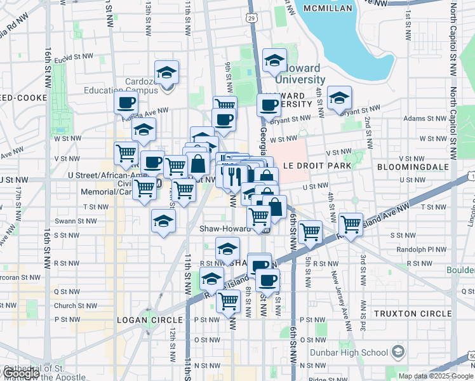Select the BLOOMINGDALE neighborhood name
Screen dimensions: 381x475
412,166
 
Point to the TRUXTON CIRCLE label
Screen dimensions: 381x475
412,314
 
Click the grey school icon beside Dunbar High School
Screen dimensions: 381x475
398,352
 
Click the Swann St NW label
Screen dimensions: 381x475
80,221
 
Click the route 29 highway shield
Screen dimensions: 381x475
253,18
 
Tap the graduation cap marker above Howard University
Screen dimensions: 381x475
274,61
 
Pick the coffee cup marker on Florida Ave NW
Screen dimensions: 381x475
126,104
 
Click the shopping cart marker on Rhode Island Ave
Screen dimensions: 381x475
350,225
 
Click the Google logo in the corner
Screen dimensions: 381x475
20,373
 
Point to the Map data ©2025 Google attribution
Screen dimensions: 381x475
436,376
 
